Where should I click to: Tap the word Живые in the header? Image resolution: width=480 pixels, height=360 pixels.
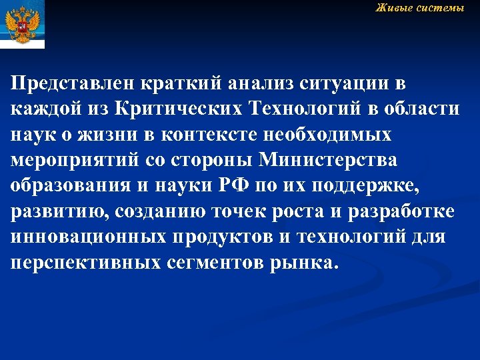click(393, 8)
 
